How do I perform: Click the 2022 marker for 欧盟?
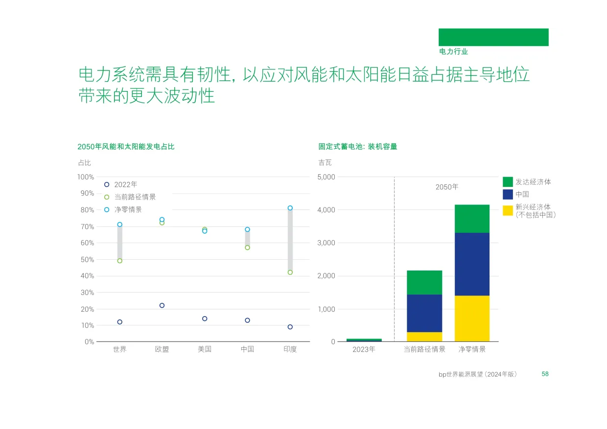tap(162, 306)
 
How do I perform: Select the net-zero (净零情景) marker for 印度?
tap(290, 208)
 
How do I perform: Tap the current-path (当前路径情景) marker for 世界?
tap(120, 261)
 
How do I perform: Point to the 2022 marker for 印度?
tap(290, 327)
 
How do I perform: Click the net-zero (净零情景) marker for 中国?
tap(247, 229)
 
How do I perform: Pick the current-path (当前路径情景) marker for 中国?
tap(247, 248)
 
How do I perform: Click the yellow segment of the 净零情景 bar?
tap(472, 318)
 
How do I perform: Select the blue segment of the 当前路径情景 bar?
tap(424, 314)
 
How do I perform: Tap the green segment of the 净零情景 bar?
tap(472, 219)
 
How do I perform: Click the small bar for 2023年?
tap(364, 340)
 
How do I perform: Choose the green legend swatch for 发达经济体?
tap(508, 182)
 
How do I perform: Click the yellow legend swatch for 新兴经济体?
tap(508, 211)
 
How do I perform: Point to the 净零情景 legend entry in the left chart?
tap(123, 210)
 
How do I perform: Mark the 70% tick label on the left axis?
tap(87, 226)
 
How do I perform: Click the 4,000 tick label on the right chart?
tap(326, 210)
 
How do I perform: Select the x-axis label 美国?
tap(205, 349)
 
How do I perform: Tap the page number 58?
tap(545, 374)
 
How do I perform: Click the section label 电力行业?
tap(453, 51)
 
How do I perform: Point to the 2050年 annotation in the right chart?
tap(447, 187)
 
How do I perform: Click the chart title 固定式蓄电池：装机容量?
tap(358, 147)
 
